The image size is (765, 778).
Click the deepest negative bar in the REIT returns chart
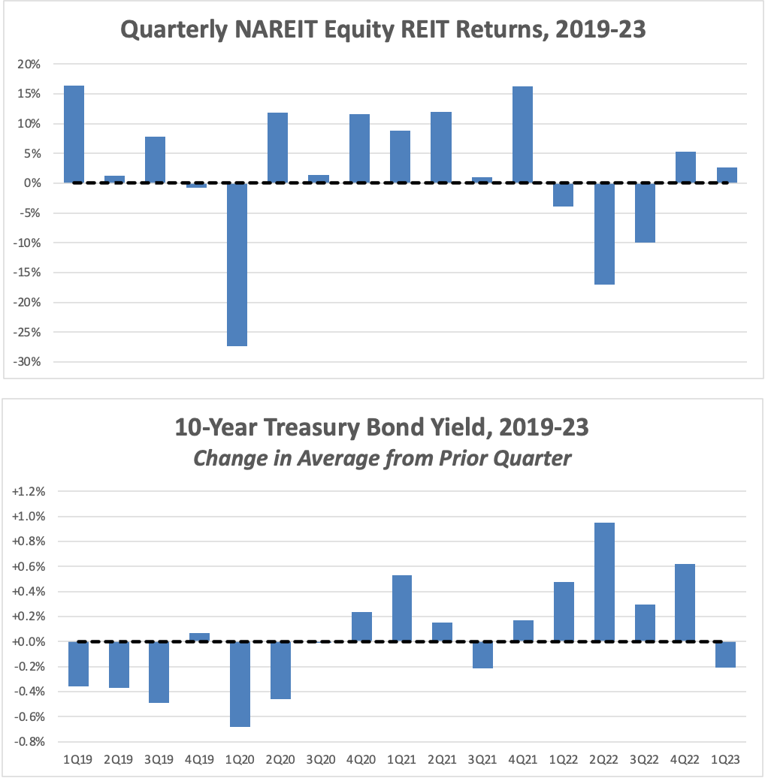(237, 264)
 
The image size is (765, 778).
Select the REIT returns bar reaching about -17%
(604, 234)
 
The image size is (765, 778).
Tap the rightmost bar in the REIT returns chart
(727, 175)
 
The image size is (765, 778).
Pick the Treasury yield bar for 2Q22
(604, 582)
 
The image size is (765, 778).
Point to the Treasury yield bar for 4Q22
(685, 603)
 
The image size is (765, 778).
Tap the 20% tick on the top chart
(30, 64)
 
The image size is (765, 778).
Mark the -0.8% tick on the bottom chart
(30, 742)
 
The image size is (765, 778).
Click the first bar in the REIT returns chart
(74, 134)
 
